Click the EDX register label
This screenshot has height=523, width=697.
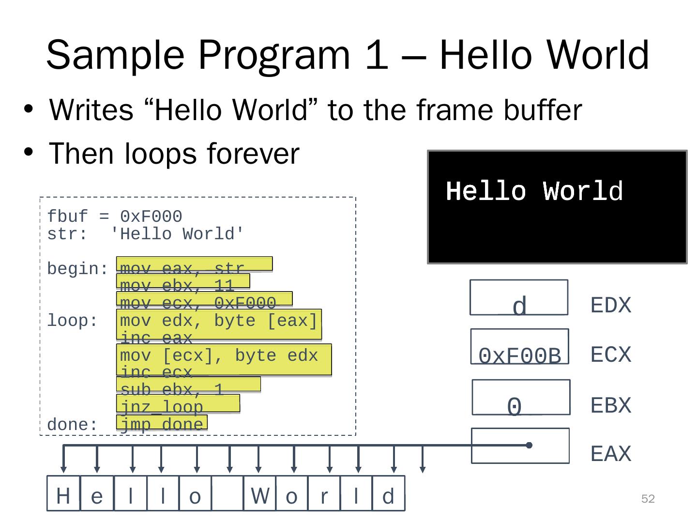(x=611, y=306)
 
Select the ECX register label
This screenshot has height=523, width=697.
(x=611, y=355)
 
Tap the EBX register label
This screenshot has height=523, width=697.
(x=611, y=405)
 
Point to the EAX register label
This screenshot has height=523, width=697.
(x=611, y=454)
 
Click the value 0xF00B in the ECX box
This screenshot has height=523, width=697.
(x=519, y=356)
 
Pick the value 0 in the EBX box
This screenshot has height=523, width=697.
(x=515, y=407)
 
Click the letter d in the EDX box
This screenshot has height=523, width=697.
(x=519, y=307)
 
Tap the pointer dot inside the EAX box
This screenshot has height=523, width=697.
(x=529, y=445)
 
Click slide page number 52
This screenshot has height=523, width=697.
(x=648, y=499)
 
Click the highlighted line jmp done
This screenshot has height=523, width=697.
(x=162, y=424)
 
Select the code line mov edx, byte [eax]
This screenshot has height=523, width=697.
(x=218, y=321)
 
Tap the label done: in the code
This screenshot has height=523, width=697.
(x=73, y=425)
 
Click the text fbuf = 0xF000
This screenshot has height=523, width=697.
(x=115, y=216)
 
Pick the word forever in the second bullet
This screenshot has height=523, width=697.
(x=253, y=154)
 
